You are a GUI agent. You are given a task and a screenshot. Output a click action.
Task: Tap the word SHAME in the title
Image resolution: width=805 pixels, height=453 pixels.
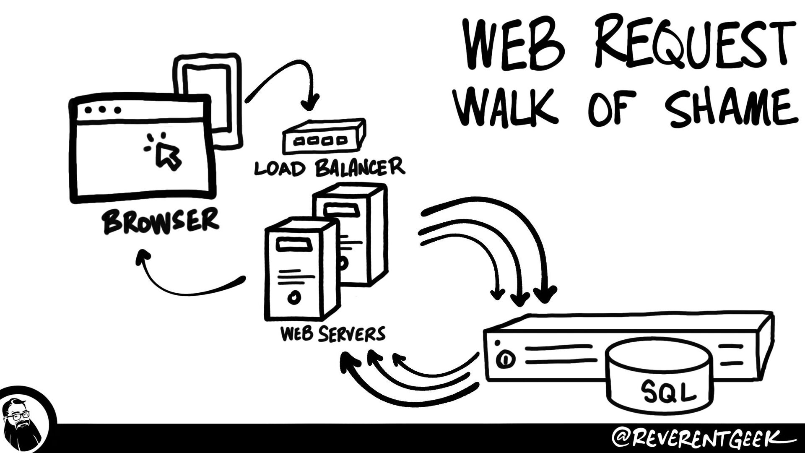click(730, 107)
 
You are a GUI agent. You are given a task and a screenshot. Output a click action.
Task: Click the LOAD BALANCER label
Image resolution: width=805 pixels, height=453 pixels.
click(330, 167)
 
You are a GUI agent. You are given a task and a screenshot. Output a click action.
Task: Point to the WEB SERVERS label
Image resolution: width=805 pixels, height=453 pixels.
click(332, 334)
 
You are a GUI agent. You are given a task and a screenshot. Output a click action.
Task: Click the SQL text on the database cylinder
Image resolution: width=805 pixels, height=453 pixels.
click(668, 392)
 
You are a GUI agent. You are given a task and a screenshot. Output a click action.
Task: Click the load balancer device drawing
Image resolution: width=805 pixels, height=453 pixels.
click(323, 136)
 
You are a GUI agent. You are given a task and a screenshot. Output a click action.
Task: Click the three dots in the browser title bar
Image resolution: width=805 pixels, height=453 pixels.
click(103, 110)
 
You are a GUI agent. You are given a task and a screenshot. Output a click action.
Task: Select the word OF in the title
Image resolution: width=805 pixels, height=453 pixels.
click(612, 107)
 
